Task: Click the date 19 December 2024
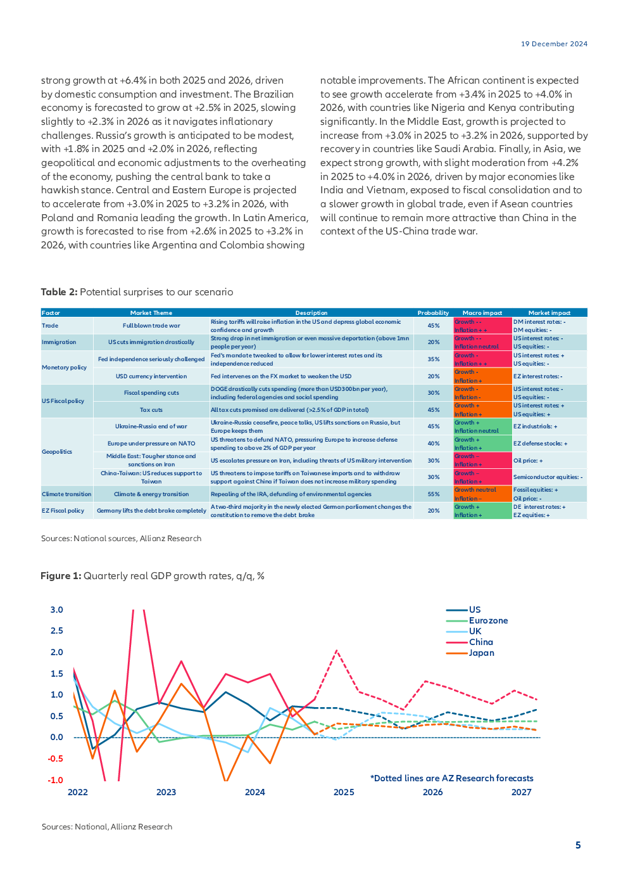554,44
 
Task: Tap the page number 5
577,845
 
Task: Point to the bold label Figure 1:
61,576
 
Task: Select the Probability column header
433,312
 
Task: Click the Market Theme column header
151,312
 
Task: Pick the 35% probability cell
433,359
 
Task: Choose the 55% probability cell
433,494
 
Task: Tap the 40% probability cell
433,444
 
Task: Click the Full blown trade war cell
151,326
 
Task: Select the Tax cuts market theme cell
151,410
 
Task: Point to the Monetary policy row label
64,368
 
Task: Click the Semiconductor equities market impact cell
548,477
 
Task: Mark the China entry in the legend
480,642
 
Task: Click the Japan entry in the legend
481,653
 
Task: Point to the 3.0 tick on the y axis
57,610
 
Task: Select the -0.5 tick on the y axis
56,758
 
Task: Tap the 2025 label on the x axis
344,792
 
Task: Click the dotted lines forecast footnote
451,778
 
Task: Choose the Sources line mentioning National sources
121,539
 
